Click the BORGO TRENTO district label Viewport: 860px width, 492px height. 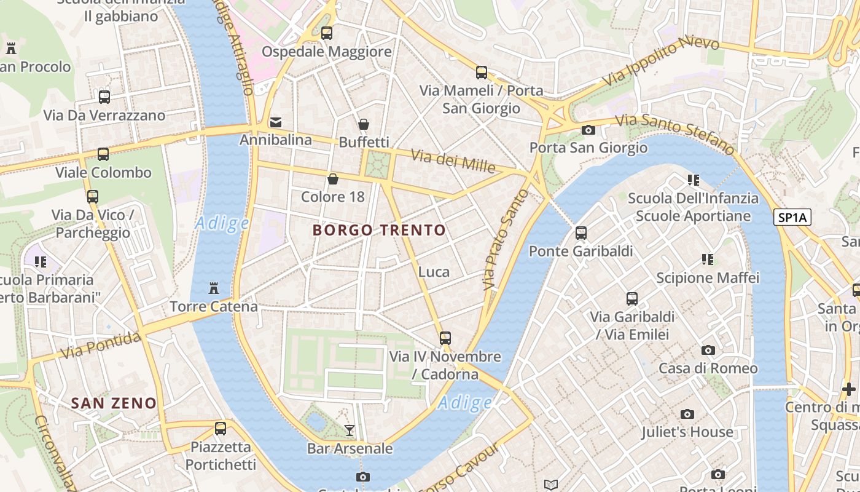click(379, 231)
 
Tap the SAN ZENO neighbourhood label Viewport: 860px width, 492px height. click(114, 403)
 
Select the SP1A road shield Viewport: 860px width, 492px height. click(792, 217)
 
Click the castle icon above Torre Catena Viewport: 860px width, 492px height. click(214, 288)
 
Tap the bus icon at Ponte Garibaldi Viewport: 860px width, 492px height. click(580, 233)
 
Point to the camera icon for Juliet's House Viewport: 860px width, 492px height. click(687, 415)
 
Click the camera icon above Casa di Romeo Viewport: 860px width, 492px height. click(708, 351)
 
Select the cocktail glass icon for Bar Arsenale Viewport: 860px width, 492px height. click(350, 430)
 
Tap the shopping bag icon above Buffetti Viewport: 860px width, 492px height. click(364, 125)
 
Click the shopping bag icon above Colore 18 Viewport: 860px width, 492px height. click(332, 179)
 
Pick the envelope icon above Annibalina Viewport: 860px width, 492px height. click(276, 122)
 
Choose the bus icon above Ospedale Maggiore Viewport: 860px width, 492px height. click(327, 33)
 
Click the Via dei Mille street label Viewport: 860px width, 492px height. click(453, 161)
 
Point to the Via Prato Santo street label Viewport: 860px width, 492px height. click(506, 240)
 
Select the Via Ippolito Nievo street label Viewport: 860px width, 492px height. click(660, 61)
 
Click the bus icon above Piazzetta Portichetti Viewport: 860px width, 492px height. click(221, 429)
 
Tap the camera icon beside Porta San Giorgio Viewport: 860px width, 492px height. click(588, 130)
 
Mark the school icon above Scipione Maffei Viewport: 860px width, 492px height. click(708, 260)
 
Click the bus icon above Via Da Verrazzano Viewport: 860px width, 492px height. click(104, 97)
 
